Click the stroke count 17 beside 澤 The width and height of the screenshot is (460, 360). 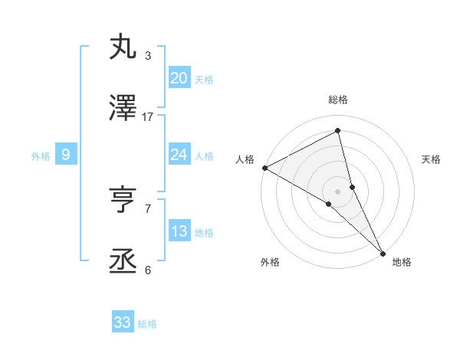(x=148, y=116)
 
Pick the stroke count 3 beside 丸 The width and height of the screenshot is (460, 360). (x=148, y=56)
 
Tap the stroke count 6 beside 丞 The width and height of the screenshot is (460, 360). (x=148, y=270)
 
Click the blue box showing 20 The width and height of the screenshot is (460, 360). (x=179, y=78)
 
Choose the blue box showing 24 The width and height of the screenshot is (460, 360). (x=179, y=155)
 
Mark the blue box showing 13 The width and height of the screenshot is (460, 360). (x=179, y=231)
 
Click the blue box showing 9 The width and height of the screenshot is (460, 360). (x=66, y=155)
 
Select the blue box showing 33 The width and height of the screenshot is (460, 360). (x=123, y=322)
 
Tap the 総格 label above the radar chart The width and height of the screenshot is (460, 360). (x=338, y=100)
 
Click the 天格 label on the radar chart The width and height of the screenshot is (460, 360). (x=431, y=159)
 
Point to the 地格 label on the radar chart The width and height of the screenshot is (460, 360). (x=402, y=262)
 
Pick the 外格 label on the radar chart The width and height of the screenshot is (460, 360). (x=270, y=262)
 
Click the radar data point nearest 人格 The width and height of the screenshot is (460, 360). (x=264, y=168)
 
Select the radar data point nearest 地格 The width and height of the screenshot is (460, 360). (x=383, y=252)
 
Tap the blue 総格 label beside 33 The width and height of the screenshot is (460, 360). (x=147, y=324)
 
